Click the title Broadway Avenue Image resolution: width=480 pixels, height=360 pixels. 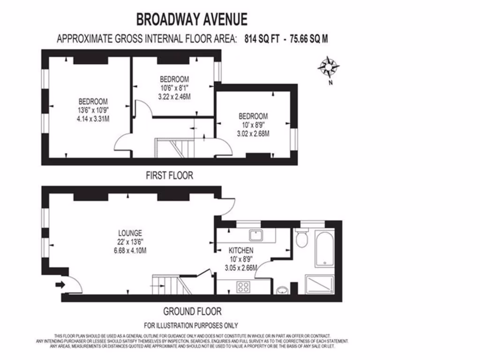192,19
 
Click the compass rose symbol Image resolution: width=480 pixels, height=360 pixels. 329,67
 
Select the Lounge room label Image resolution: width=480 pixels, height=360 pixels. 130,233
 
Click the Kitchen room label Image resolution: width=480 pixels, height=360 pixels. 241,251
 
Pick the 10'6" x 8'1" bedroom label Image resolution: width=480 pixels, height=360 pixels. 174,88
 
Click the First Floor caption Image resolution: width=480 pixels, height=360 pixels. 169,176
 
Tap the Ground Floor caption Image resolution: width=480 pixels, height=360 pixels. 192,311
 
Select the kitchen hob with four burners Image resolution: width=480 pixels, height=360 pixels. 243,287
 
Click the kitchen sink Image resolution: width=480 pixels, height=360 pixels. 256,235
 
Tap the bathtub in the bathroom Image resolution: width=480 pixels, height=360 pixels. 324,249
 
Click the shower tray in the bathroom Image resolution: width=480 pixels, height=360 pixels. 320,285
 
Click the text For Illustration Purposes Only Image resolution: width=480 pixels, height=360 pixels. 191,325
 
